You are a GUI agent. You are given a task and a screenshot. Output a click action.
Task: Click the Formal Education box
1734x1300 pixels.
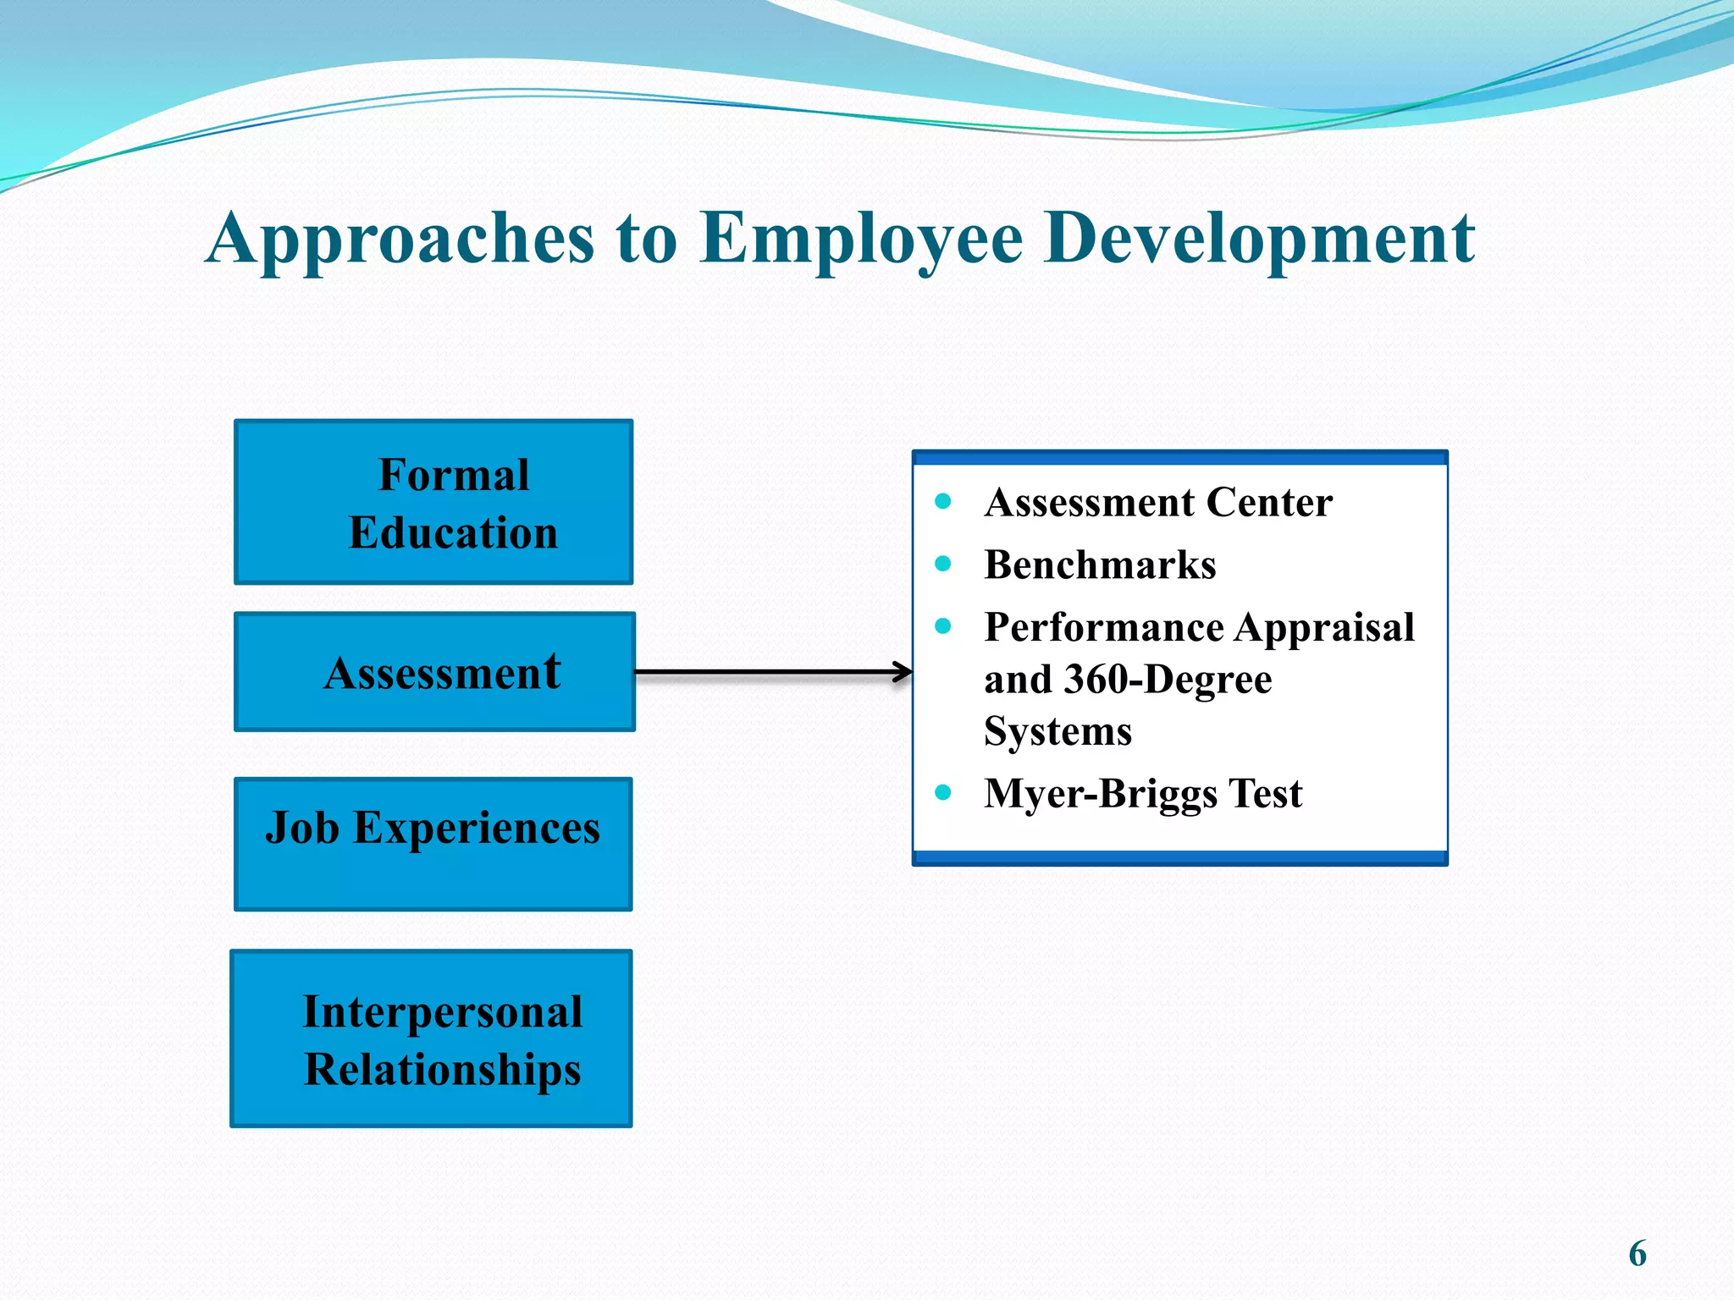click(x=433, y=502)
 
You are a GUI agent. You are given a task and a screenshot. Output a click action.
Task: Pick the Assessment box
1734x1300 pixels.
click(x=434, y=672)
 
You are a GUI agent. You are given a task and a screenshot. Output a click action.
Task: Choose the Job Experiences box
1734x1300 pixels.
click(x=433, y=844)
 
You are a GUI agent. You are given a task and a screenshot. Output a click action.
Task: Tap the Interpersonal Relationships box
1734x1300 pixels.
click(x=431, y=1038)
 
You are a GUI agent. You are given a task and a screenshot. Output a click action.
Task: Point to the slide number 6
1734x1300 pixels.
click(x=1637, y=1253)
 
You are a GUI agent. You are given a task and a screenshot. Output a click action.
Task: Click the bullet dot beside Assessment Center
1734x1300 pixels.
click(x=943, y=501)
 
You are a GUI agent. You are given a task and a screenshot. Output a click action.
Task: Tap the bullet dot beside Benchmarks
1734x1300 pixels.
click(x=943, y=564)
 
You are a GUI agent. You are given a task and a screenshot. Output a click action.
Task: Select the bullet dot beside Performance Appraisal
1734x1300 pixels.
click(x=943, y=626)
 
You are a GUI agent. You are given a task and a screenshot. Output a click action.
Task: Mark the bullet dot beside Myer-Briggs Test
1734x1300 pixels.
click(x=943, y=793)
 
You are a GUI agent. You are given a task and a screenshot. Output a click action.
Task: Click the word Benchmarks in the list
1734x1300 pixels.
click(x=1100, y=565)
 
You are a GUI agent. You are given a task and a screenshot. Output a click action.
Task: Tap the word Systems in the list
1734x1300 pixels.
click(x=1058, y=731)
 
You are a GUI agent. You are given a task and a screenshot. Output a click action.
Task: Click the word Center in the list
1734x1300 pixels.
click(x=1269, y=502)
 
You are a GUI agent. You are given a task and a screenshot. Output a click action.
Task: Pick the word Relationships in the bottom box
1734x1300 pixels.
click(x=443, y=1070)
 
